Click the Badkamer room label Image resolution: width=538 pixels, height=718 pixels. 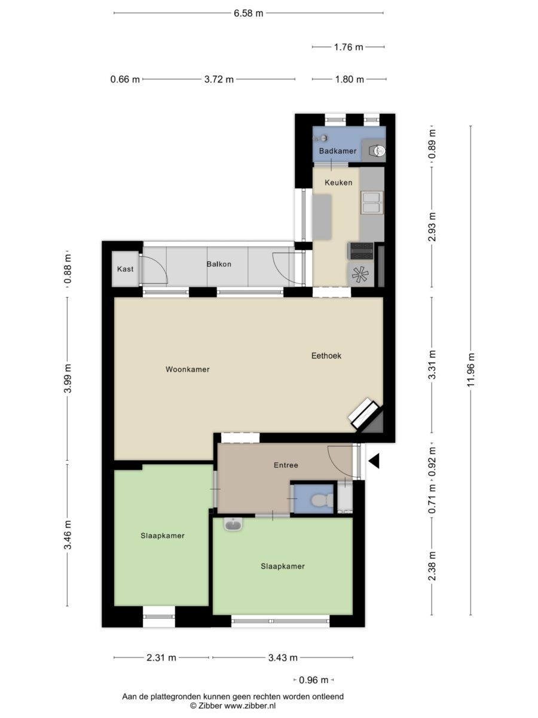337,151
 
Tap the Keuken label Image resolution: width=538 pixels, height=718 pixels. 338,182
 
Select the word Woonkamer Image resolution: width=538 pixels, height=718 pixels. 188,369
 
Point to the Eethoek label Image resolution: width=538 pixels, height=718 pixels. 326,355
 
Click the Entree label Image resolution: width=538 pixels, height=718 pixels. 286,465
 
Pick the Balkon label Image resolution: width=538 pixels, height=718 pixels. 219,264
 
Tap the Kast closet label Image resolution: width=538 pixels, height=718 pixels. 125,269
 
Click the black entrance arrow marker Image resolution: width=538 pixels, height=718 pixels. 374,461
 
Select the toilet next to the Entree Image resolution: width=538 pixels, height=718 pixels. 322,500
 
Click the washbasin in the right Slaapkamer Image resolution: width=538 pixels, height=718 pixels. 233,524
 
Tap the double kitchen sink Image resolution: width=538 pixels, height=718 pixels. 372,202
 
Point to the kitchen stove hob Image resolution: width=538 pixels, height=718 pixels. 360,251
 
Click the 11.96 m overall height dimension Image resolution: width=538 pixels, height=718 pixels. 470,370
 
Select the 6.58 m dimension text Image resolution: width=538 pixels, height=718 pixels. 248,13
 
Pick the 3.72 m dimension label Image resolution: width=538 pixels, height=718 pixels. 219,79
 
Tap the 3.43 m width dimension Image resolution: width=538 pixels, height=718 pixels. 283,658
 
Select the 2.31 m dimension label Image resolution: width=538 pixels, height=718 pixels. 161,658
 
